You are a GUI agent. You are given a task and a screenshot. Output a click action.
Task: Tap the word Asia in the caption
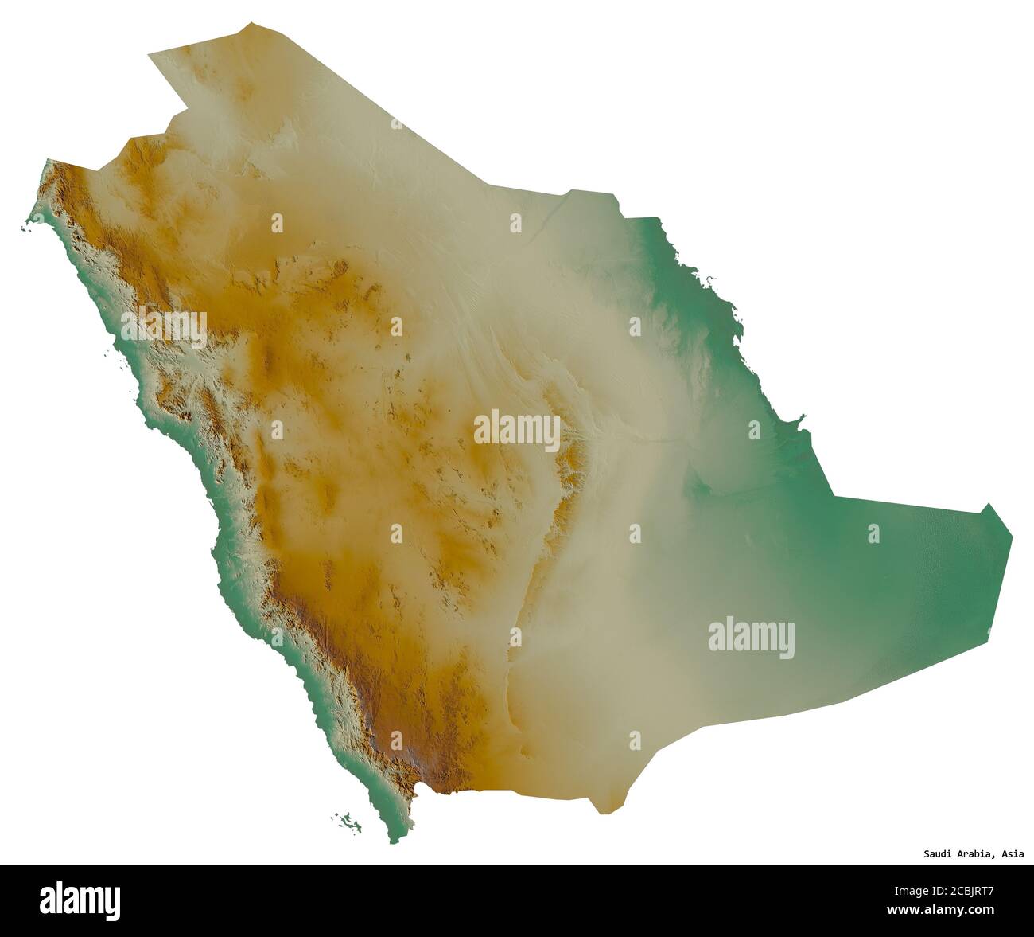1013,855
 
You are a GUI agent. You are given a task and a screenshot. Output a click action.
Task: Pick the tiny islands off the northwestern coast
27,230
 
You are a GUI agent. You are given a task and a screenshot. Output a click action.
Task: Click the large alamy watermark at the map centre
516,431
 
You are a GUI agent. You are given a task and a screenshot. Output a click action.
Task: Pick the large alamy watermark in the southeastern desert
751,638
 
